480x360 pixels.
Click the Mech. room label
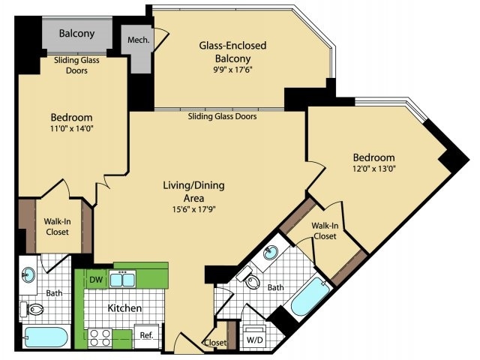click(138, 40)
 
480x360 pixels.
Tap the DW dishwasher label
click(96, 280)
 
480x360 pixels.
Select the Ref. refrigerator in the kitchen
click(147, 336)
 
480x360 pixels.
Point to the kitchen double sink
click(122, 279)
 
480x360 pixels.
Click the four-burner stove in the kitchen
click(100, 338)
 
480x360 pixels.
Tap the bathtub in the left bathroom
click(46, 337)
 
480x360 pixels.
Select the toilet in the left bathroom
click(31, 310)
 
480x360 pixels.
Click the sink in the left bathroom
click(28, 275)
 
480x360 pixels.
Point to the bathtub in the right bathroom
click(310, 297)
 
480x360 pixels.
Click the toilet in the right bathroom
click(250, 277)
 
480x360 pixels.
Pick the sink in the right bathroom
click(271, 253)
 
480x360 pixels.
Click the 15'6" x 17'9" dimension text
click(193, 210)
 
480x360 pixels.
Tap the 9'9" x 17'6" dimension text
click(232, 70)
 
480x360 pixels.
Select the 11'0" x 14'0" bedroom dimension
click(72, 128)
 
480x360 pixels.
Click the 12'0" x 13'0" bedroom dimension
click(373, 169)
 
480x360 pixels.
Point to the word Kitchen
click(124, 308)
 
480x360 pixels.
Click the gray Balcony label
click(76, 33)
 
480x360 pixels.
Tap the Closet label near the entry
click(216, 343)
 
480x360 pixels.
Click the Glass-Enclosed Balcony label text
click(233, 52)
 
